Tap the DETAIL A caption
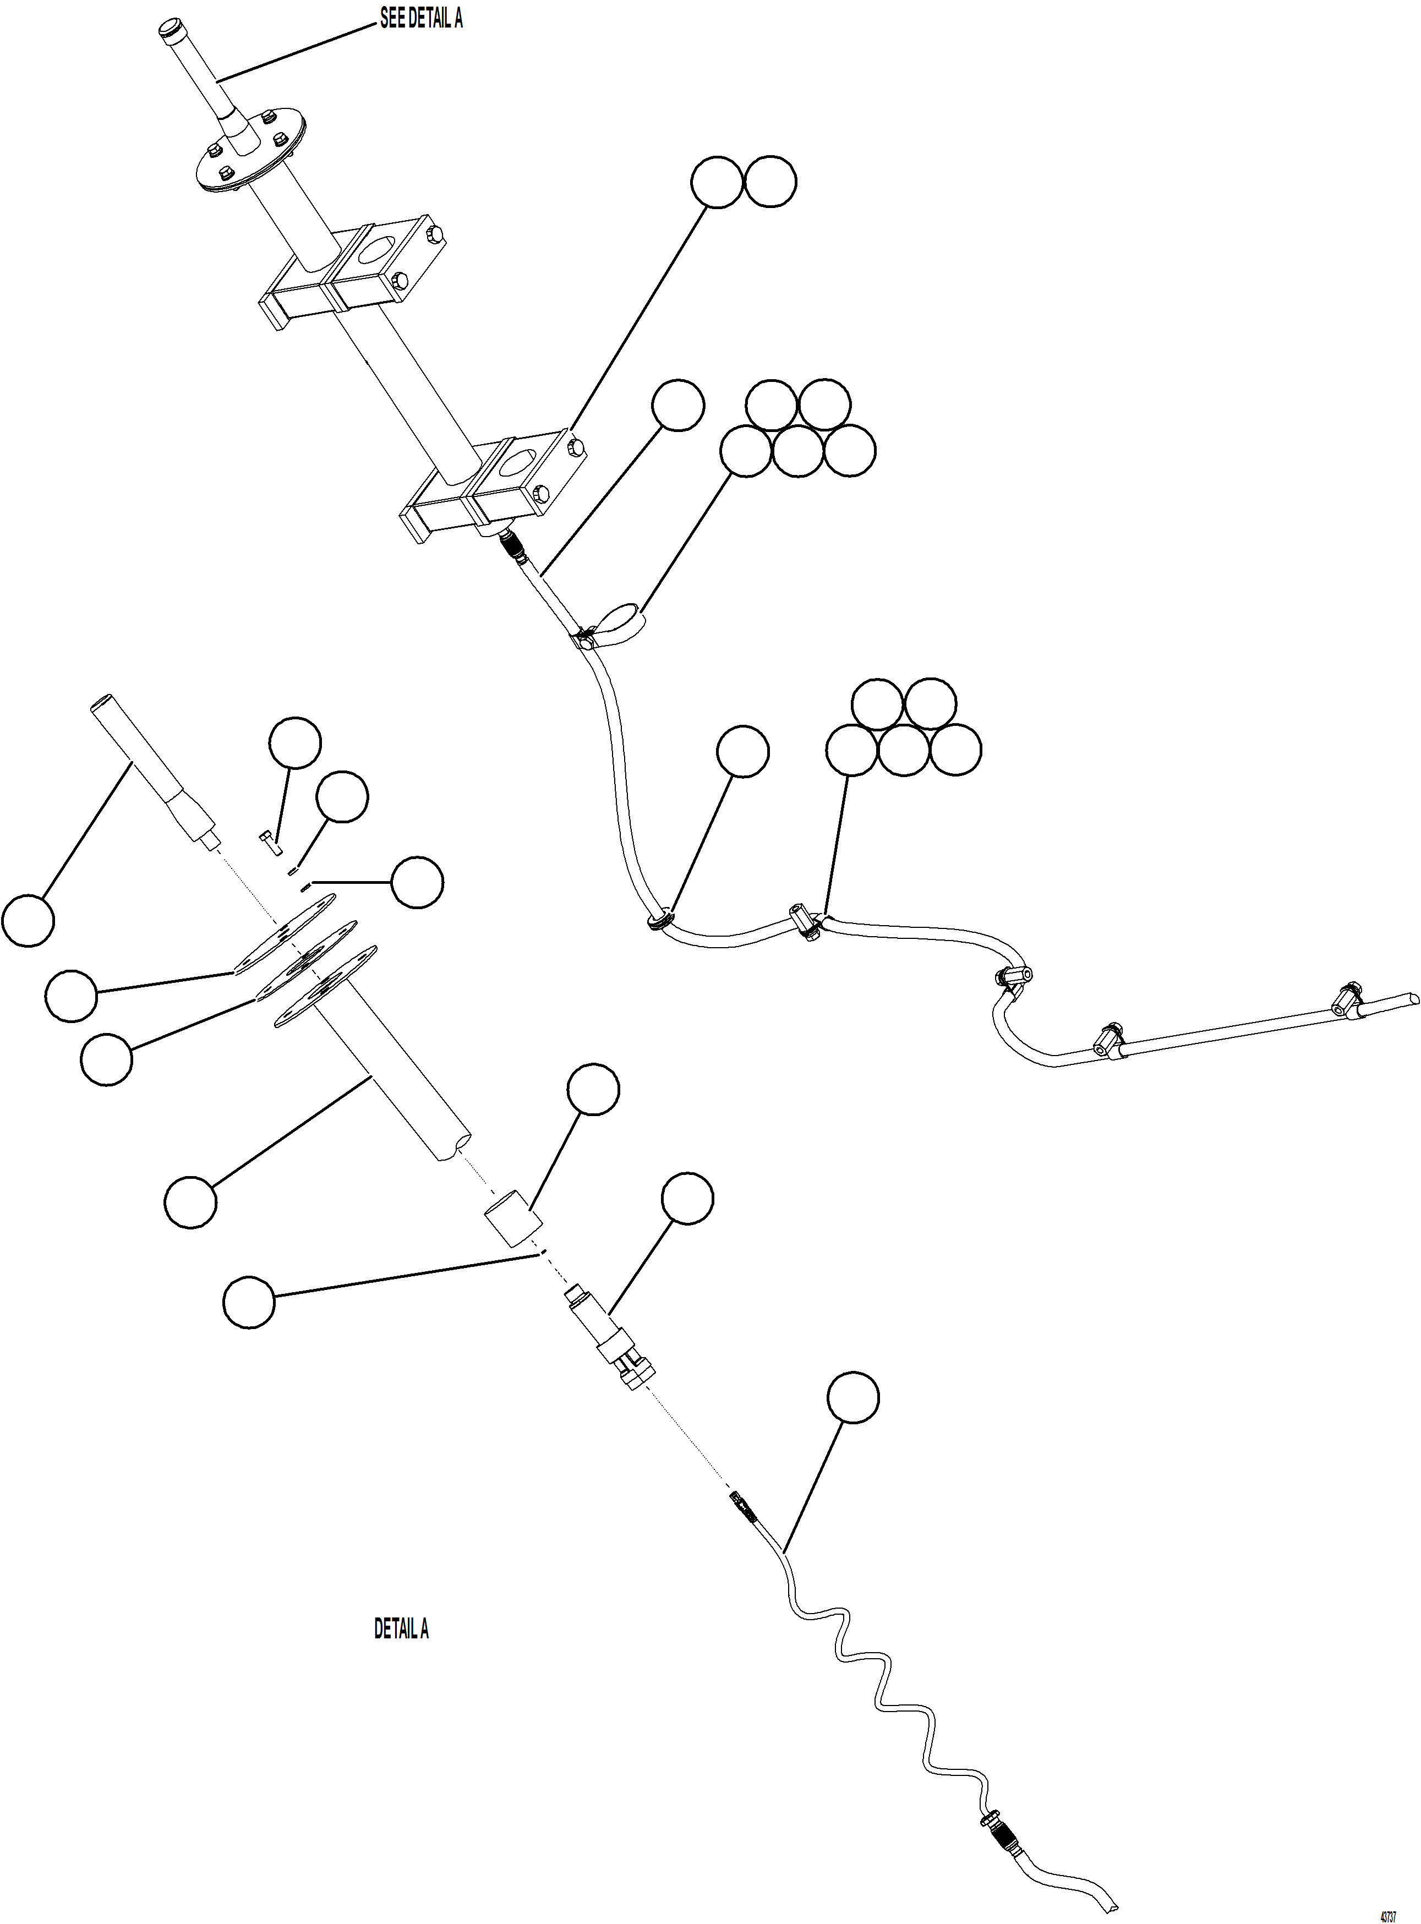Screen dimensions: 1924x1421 pyautogui.click(x=401, y=1628)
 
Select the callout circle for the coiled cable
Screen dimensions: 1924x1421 pyautogui.click(x=853, y=1398)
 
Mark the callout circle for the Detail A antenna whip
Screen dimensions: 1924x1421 pyautogui.click(x=29, y=920)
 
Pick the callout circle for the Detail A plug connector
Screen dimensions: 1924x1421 pyautogui.click(x=687, y=1197)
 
